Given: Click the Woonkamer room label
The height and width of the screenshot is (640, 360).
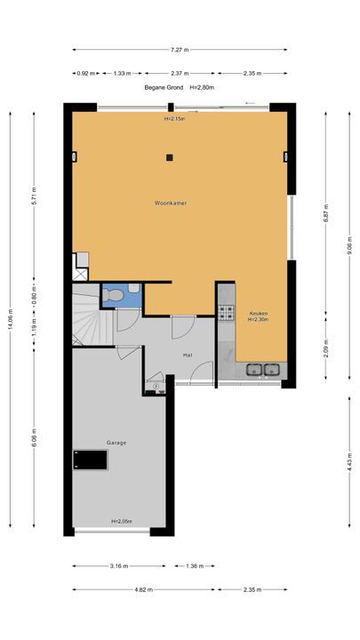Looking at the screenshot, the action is [x=171, y=203].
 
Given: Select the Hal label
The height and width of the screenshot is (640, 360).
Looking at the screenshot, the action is [x=188, y=355].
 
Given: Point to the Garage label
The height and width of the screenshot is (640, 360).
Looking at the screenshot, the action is [x=116, y=443].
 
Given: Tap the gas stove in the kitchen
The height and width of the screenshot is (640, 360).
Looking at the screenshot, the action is [x=227, y=312].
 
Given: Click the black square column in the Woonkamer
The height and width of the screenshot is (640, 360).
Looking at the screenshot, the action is [x=170, y=157].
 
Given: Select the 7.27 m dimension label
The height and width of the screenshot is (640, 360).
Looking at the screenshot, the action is [x=180, y=50].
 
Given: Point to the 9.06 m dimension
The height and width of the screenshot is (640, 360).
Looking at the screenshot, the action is [x=349, y=245].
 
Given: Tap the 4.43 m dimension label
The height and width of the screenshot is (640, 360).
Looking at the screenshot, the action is [x=349, y=461].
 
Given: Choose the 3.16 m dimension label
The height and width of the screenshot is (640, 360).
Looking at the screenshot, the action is [x=119, y=566].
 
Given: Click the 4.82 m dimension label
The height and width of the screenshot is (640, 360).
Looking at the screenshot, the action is [x=143, y=590].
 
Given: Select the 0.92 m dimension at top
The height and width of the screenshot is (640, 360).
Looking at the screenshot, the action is [x=85, y=74].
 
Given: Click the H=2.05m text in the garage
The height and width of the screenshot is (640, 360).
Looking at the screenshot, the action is [x=122, y=521].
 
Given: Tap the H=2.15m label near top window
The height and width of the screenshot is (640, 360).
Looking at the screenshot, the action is [x=174, y=119].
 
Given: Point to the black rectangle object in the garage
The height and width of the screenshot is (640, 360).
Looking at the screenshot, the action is [x=90, y=460].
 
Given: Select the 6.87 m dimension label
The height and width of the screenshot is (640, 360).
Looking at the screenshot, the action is [x=325, y=212].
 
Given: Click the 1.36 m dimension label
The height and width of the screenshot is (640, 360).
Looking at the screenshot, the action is [x=195, y=566].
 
